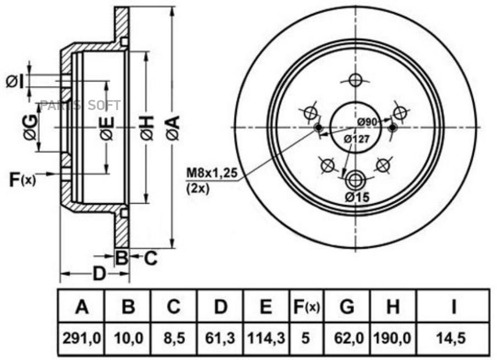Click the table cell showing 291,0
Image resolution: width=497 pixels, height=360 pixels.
click(x=82, y=336)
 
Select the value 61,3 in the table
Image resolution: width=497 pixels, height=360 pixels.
click(x=221, y=336)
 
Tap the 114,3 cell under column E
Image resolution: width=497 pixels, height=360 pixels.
click(x=266, y=336)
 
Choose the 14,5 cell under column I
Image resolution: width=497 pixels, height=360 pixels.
click(x=453, y=336)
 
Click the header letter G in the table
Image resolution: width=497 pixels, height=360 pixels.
click(x=347, y=307)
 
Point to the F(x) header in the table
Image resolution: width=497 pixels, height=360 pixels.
click(x=305, y=307)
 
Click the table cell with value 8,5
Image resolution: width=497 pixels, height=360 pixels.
click(x=174, y=336)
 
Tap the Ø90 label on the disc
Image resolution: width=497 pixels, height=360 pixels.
click(x=366, y=121)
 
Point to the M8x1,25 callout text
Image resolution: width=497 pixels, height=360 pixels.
click(x=212, y=173)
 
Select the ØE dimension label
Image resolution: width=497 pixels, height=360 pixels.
click(x=107, y=128)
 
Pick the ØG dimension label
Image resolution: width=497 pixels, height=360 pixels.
click(x=31, y=128)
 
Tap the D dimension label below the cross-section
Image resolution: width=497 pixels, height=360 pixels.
click(x=98, y=273)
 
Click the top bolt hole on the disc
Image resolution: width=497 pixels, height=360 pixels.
click(x=356, y=80)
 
